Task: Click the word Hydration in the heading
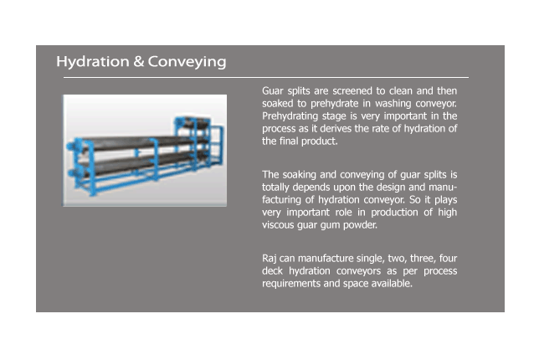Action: [x=93, y=62]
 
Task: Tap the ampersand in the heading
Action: [x=139, y=62]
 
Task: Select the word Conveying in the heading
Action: [x=187, y=62]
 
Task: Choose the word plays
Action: [x=446, y=200]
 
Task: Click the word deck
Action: [x=272, y=271]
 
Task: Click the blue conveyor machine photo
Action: [x=144, y=150]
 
